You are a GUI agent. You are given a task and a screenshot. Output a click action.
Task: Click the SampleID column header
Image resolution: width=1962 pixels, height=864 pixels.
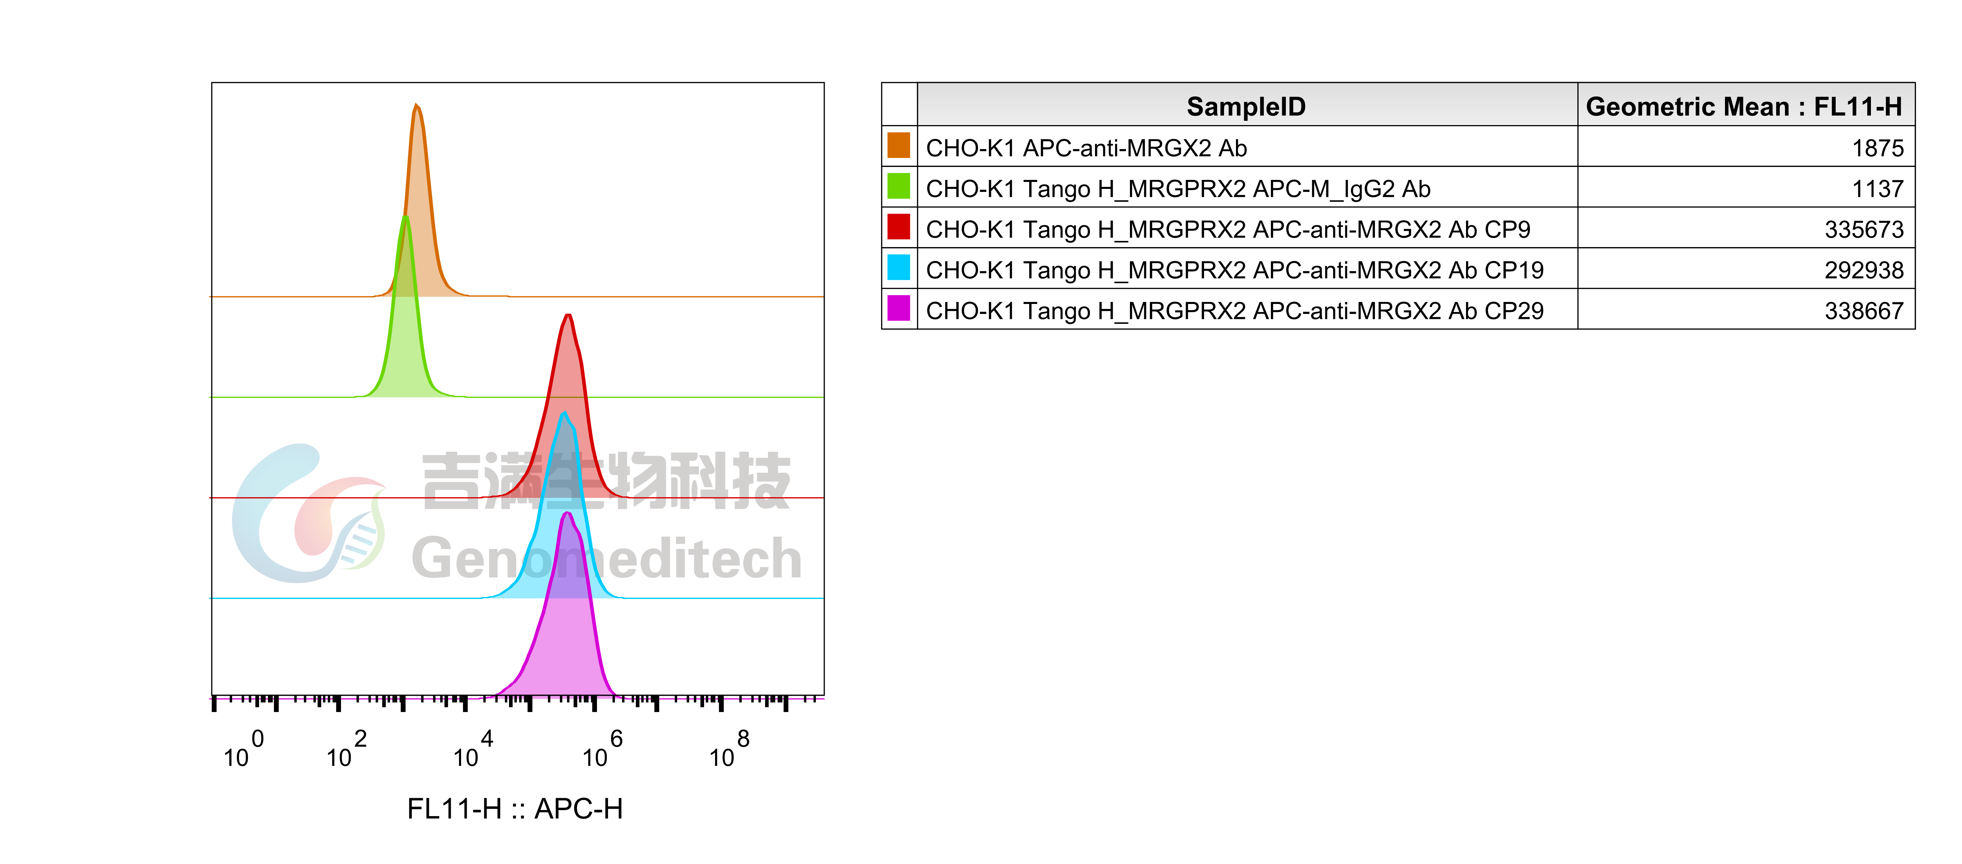coord(1246,107)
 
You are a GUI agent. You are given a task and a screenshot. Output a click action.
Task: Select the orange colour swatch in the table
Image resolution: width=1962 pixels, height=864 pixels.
coord(899,146)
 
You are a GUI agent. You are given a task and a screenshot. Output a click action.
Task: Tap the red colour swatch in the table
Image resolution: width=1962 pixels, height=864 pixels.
coord(899,227)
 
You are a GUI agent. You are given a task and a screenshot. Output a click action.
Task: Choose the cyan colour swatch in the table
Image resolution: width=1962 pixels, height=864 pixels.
coord(899,267)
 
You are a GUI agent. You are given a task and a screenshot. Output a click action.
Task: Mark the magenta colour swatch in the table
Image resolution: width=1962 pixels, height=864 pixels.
coord(899,309)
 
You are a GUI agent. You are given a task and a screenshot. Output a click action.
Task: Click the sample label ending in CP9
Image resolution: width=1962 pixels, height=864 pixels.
coord(1228,229)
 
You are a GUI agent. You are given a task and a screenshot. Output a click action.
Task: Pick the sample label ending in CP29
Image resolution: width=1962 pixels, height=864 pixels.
coord(1235,311)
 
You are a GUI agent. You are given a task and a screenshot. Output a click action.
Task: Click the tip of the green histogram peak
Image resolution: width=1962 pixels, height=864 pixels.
coord(405,218)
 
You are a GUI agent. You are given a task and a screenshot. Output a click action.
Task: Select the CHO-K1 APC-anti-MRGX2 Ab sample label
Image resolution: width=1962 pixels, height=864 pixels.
coord(1086,148)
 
